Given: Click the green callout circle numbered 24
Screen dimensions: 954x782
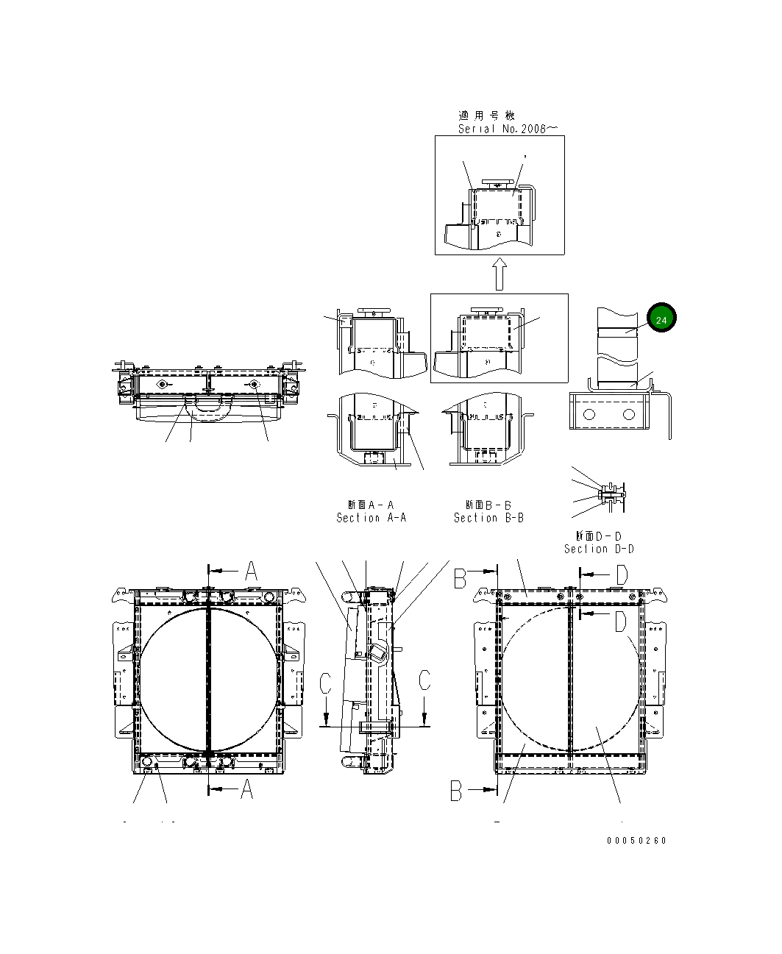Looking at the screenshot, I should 661,319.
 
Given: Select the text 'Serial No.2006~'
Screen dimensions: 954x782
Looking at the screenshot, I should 508,129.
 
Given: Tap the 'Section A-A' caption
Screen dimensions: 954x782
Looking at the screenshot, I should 371,518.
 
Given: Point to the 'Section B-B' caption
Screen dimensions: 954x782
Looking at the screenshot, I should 488,518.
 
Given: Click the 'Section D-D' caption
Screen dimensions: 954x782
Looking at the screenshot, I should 599,549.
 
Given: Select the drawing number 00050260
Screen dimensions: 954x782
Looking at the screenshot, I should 636,841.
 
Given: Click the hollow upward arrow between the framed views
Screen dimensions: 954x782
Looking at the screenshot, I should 500,274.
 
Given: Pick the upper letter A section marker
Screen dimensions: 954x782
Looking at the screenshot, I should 250,571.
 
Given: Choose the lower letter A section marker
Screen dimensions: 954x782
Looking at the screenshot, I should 246,789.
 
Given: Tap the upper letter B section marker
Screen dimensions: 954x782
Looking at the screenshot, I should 461,580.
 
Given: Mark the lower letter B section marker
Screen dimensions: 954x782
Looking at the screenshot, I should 457,791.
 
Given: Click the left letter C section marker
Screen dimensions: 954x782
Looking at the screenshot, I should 326,682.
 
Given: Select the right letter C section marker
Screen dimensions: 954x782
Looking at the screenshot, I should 424,680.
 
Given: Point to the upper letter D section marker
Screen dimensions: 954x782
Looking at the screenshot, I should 621,574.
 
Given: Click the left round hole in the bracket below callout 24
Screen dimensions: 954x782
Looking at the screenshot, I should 588,415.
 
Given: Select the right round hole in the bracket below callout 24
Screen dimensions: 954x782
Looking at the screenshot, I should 628,415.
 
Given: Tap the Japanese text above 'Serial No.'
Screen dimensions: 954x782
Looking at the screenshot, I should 487,115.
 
